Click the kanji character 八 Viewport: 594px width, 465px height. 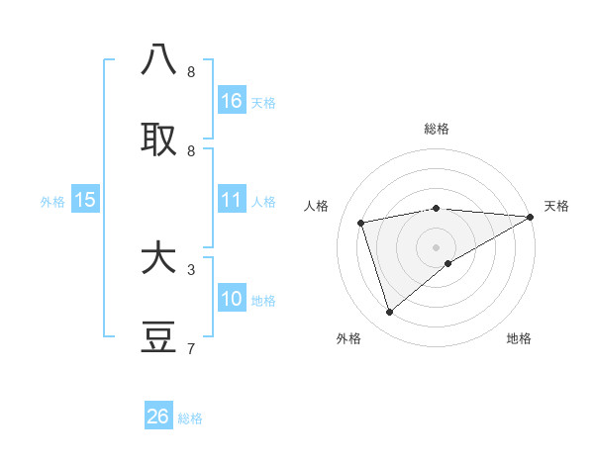(x=159, y=60)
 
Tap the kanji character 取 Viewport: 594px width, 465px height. (x=159, y=139)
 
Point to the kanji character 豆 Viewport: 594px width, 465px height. (x=159, y=337)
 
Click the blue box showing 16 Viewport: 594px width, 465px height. (x=232, y=101)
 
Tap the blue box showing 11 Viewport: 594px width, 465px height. (x=232, y=200)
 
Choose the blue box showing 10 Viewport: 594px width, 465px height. (x=232, y=300)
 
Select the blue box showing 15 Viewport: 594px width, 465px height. (x=85, y=200)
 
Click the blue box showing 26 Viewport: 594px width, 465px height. (x=158, y=417)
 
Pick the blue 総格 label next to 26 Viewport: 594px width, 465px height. (x=190, y=418)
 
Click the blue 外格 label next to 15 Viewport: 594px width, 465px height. (x=52, y=202)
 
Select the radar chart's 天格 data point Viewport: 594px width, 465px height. (x=531, y=217)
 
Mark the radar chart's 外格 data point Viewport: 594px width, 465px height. (x=389, y=313)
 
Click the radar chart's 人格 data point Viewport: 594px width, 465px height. (x=361, y=223)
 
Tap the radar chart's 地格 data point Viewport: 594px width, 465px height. (x=448, y=263)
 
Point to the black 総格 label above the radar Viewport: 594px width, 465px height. (x=436, y=129)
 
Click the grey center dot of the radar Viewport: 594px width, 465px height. (x=436, y=246)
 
